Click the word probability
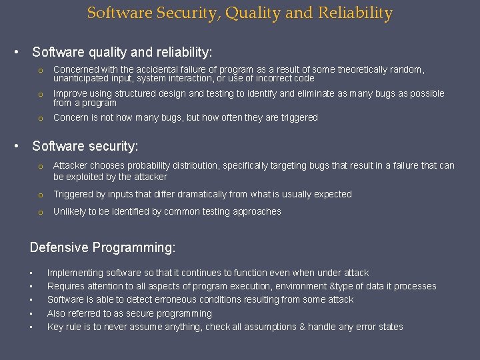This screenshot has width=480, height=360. (x=157, y=165)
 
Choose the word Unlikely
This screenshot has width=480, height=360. (x=70, y=211)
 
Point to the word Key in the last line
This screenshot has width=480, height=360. (x=55, y=327)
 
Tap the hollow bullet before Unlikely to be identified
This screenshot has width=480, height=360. (x=40, y=212)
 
